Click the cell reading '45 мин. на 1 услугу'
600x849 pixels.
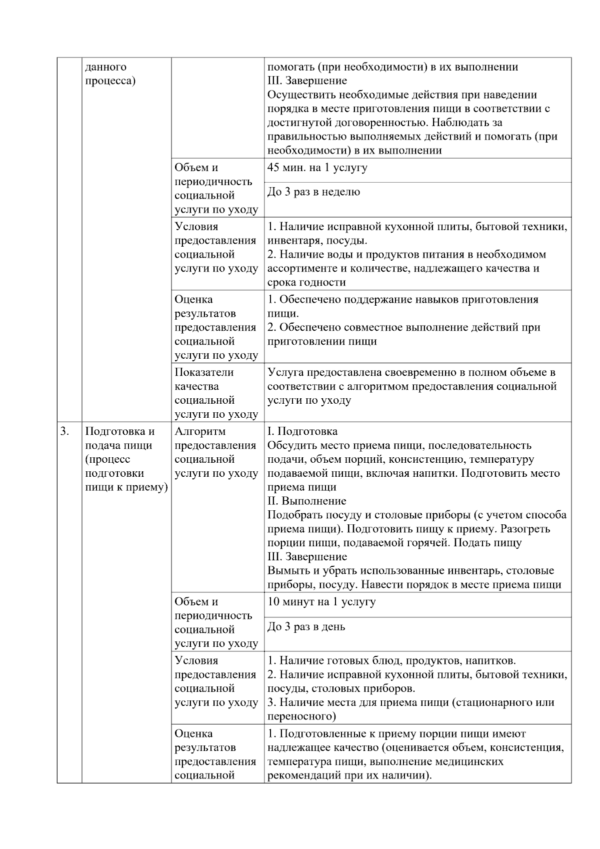pyautogui.click(x=317, y=168)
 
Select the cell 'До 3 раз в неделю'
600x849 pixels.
pyautogui.click(x=313, y=192)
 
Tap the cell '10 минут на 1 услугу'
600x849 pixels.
pyautogui.click(x=321, y=602)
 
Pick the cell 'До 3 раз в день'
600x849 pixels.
pyautogui.click(x=306, y=627)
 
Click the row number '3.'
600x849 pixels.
pyautogui.click(x=65, y=431)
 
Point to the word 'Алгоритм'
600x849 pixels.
pyautogui.click(x=200, y=431)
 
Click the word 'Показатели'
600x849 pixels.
pyautogui.click(x=204, y=372)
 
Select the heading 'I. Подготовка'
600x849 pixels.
pyautogui.click(x=302, y=431)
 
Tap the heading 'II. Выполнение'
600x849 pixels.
pyautogui.click(x=306, y=501)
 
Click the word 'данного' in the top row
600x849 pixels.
pyautogui.click(x=105, y=67)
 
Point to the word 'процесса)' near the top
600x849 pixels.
pyautogui.click(x=110, y=81)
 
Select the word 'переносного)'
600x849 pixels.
pyautogui.click(x=301, y=716)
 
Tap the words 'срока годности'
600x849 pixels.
pyautogui.click(x=306, y=282)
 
